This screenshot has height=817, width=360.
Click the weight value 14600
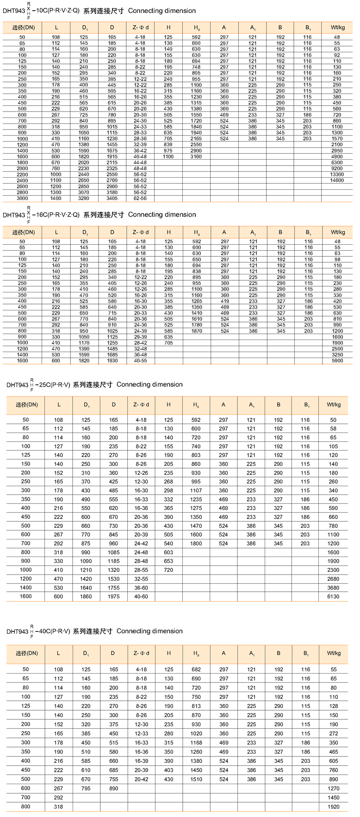336,180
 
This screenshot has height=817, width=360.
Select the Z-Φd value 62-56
140,198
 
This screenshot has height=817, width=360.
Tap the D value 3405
112,198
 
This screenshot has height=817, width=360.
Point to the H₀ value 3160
196,157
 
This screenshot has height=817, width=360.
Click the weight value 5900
337,361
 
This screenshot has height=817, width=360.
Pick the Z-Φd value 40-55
141,361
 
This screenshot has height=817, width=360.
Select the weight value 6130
334,597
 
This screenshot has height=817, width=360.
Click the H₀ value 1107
196,490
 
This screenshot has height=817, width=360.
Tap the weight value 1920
334,807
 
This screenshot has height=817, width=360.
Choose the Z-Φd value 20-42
141,779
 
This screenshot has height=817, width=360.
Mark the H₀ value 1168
196,743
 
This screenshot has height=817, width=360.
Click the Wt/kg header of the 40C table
334,653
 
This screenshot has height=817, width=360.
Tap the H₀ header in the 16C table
197,232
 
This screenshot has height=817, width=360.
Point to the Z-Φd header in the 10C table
140,28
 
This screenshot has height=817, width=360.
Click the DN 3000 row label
23,198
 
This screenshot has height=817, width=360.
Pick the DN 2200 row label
23,174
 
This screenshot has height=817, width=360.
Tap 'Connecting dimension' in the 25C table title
149,384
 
